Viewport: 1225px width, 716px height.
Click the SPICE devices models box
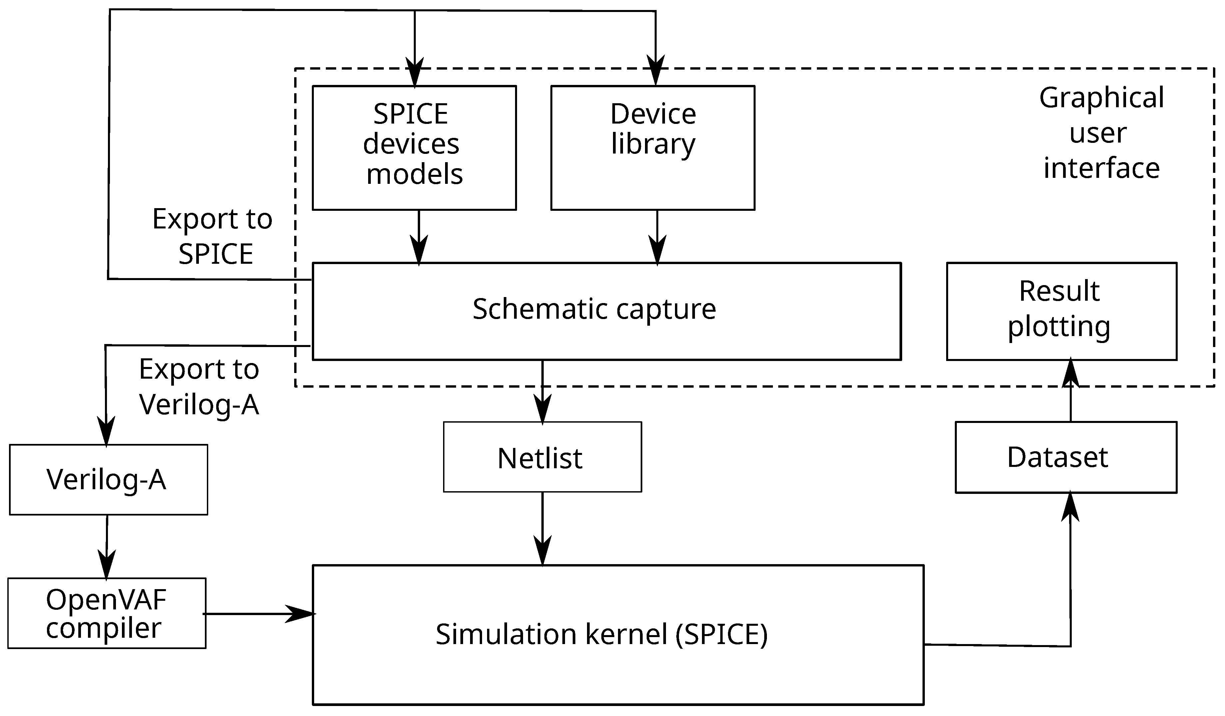click(414, 148)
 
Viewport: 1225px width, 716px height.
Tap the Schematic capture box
click(606, 311)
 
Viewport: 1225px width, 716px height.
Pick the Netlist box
click(542, 457)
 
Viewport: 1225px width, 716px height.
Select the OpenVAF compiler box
click(107, 613)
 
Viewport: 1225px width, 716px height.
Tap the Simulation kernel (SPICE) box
click(617, 634)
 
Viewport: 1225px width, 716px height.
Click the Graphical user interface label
click(1101, 133)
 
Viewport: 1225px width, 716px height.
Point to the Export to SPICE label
click(213, 236)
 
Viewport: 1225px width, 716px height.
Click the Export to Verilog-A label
click(199, 386)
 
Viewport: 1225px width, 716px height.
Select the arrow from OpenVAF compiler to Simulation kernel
click(260, 614)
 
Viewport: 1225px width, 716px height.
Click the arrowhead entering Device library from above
click(655, 73)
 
